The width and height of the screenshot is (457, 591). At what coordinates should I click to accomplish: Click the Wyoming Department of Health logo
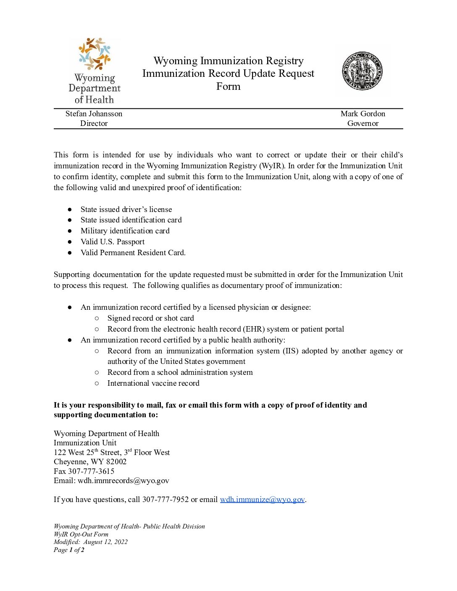click(95, 71)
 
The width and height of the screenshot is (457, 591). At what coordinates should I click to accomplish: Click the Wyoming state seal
click(362, 71)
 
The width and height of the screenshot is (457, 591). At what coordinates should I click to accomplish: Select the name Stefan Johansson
click(94, 114)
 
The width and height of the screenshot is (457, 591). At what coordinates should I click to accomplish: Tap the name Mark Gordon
click(362, 114)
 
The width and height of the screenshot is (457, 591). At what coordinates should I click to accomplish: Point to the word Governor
click(362, 123)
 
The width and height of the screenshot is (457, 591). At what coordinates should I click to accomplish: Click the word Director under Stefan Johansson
click(94, 123)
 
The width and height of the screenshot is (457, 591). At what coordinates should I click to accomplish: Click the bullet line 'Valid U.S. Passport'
click(113, 242)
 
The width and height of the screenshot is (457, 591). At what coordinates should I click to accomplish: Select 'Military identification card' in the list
click(125, 231)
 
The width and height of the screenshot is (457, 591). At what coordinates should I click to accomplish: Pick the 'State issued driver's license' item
click(126, 209)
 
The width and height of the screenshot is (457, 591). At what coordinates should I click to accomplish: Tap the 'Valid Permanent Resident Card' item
click(133, 253)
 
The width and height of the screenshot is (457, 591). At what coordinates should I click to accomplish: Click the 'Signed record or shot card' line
click(150, 318)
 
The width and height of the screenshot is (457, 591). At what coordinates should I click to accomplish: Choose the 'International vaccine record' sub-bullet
click(153, 383)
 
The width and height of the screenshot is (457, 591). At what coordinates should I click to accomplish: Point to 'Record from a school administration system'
click(180, 372)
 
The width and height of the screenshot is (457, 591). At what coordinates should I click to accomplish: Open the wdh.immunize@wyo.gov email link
click(262, 499)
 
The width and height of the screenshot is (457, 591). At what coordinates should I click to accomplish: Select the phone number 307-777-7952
click(165, 499)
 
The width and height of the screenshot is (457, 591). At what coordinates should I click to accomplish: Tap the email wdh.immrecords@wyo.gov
click(123, 481)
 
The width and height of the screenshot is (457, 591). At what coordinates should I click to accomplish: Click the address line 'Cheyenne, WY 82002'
click(90, 462)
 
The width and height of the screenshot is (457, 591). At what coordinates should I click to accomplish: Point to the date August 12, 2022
click(105, 542)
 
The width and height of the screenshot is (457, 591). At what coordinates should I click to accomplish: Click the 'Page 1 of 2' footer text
click(69, 550)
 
